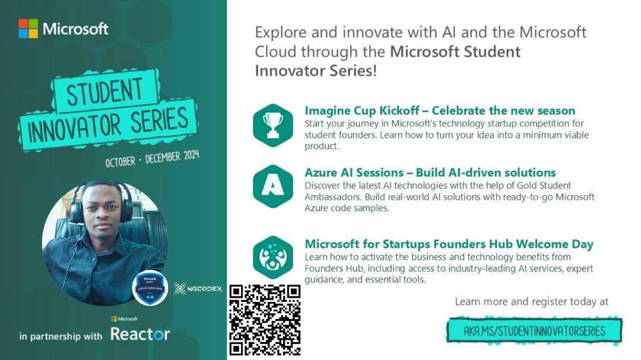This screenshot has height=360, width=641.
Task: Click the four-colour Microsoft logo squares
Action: point(28,28)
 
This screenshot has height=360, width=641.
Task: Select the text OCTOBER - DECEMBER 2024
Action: point(152,158)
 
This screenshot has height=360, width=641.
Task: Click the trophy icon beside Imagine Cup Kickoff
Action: point(272,125)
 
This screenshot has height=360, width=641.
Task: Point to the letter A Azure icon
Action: point(272,186)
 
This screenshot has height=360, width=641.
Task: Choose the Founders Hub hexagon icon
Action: point(272,257)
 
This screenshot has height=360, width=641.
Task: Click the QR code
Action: point(265,320)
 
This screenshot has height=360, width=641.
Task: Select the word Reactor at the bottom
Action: point(140,334)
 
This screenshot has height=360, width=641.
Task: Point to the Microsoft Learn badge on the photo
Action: point(150,287)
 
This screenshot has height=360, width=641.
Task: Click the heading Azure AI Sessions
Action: point(357,173)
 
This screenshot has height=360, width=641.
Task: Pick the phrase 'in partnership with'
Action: point(61,336)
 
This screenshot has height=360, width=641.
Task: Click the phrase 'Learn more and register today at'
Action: point(531,302)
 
